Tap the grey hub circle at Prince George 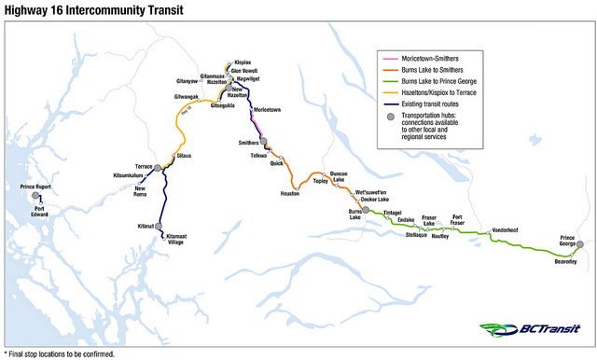[x=579, y=246]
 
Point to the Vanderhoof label [x=506, y=229]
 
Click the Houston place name [x=290, y=193]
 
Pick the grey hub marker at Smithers [x=264, y=142]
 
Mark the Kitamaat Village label [x=176, y=239]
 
